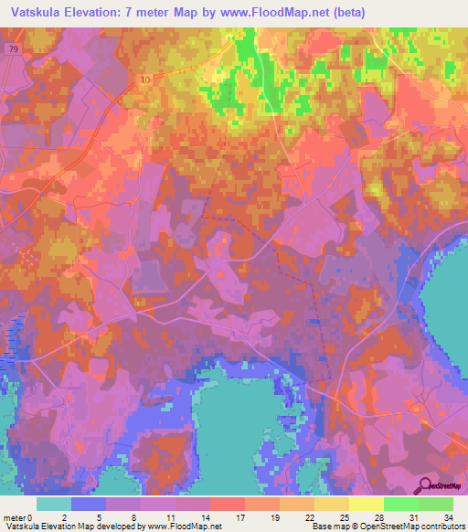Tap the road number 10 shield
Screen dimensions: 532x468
(x=146, y=80)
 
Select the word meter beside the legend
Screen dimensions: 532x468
(x=15, y=516)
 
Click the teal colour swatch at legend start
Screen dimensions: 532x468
(x=53, y=504)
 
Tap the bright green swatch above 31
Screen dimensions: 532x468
(x=400, y=504)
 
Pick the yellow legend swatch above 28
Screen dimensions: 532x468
(x=366, y=504)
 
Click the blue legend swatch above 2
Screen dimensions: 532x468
(x=89, y=504)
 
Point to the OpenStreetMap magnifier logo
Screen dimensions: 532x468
(x=425, y=487)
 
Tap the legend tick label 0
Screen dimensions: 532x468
(x=37, y=516)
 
